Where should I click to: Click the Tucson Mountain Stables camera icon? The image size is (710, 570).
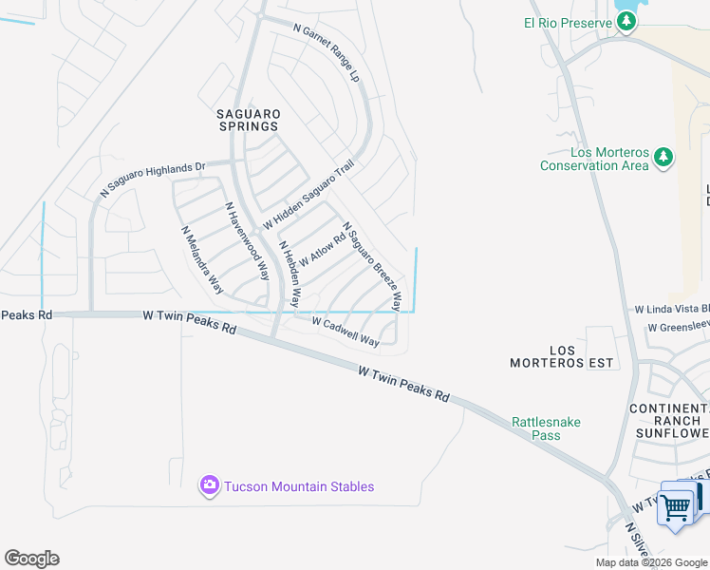(209, 485)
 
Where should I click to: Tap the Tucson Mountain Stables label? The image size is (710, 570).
(299, 486)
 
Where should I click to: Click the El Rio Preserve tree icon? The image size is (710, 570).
(626, 23)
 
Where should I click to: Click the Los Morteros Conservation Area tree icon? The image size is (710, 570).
(663, 158)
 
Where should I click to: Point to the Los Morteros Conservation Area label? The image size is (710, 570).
(594, 159)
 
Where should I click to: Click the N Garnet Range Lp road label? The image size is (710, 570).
(327, 51)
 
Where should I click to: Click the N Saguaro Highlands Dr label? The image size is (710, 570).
(152, 179)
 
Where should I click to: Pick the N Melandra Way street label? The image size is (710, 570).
(202, 258)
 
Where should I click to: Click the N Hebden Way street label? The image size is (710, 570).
(289, 274)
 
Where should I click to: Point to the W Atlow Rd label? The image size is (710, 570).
(322, 250)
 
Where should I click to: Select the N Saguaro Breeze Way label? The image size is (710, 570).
(372, 267)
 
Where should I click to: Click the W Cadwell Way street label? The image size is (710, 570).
(346, 331)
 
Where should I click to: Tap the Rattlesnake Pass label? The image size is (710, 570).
(546, 428)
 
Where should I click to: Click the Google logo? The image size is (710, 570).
(31, 559)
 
